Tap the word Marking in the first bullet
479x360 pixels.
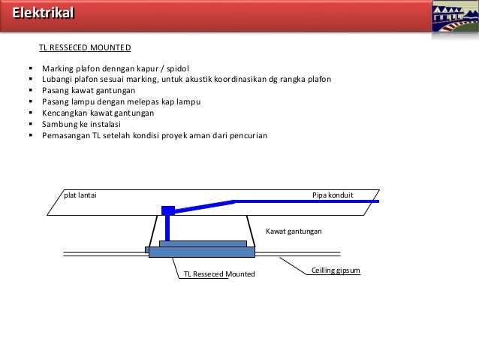[x=58, y=68]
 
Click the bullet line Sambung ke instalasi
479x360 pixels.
[x=86, y=125]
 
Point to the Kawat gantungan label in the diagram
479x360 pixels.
[x=294, y=232]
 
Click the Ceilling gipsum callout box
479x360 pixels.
[x=336, y=268]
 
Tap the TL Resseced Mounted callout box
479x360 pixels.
[x=219, y=274]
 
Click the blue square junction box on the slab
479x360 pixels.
[x=167, y=210]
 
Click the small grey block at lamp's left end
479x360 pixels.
[x=146, y=250]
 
